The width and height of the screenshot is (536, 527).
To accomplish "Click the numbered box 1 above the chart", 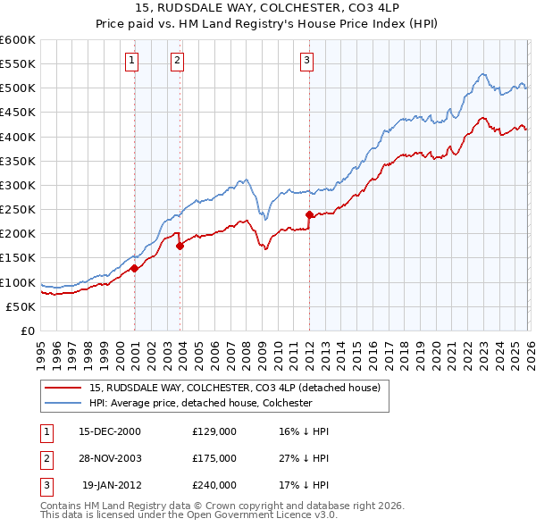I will coord(131,61).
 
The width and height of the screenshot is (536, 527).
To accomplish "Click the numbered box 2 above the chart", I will coord(177,61).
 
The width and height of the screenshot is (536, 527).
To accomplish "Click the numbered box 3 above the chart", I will coord(306,61).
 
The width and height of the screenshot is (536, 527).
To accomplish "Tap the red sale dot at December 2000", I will coord(134,267).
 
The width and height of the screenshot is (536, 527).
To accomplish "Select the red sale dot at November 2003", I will coord(180,245).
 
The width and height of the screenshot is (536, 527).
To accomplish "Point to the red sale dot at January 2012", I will coord(309,214).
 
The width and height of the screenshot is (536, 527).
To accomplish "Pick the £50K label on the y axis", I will coord(21,306).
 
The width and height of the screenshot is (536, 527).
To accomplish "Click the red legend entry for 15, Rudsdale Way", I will coord(235,388).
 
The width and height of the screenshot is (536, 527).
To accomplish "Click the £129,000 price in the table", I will coord(214,431).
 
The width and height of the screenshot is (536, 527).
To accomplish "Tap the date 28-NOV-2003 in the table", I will coord(110,458).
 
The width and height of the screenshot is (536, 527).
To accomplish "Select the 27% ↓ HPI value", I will coord(304,458).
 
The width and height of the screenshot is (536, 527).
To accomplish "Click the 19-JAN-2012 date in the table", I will coord(112,485).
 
